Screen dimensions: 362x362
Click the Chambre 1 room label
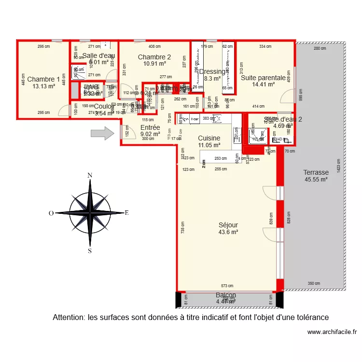(43, 79)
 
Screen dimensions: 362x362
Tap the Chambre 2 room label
(154, 57)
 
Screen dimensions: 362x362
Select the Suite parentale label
(263, 77)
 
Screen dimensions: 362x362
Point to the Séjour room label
(228, 225)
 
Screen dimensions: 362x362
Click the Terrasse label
(316, 172)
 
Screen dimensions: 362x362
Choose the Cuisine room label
(209, 138)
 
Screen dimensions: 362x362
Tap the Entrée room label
(150, 127)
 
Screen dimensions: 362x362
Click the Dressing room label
(212, 72)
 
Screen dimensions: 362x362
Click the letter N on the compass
(89, 176)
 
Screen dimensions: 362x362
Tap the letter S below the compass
(90, 251)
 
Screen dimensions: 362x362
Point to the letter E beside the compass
(127, 212)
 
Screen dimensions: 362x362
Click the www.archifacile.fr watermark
(331, 332)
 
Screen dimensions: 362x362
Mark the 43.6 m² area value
(228, 232)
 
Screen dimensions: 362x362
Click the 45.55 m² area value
(316, 180)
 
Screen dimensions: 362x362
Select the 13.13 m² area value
(43, 86)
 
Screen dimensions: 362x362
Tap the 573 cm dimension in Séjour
(227, 286)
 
